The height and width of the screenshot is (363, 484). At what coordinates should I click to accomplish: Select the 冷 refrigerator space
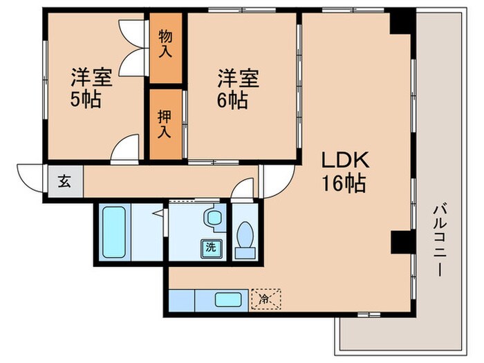point(266,299)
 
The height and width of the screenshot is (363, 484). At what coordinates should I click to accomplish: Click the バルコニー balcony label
point(439,239)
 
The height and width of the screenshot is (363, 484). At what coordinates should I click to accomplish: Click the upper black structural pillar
point(400,22)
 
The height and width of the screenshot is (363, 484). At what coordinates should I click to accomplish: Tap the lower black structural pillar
point(400,242)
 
